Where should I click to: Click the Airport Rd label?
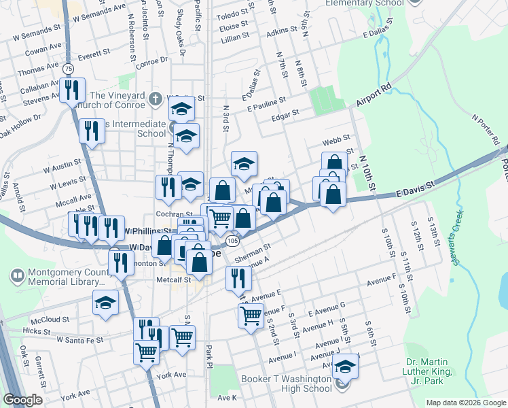coord(374,96)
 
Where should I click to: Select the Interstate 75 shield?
coord(68,69)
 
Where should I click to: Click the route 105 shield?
coord(232,241)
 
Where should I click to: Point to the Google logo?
coord(23,400)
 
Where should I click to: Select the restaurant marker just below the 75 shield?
coord(71,90)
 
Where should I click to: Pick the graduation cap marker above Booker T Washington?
coord(346,367)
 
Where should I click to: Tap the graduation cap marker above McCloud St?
coord(105,303)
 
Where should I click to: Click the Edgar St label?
coord(285,113)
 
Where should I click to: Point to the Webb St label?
coord(336,139)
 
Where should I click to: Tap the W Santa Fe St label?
coord(80,339)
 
